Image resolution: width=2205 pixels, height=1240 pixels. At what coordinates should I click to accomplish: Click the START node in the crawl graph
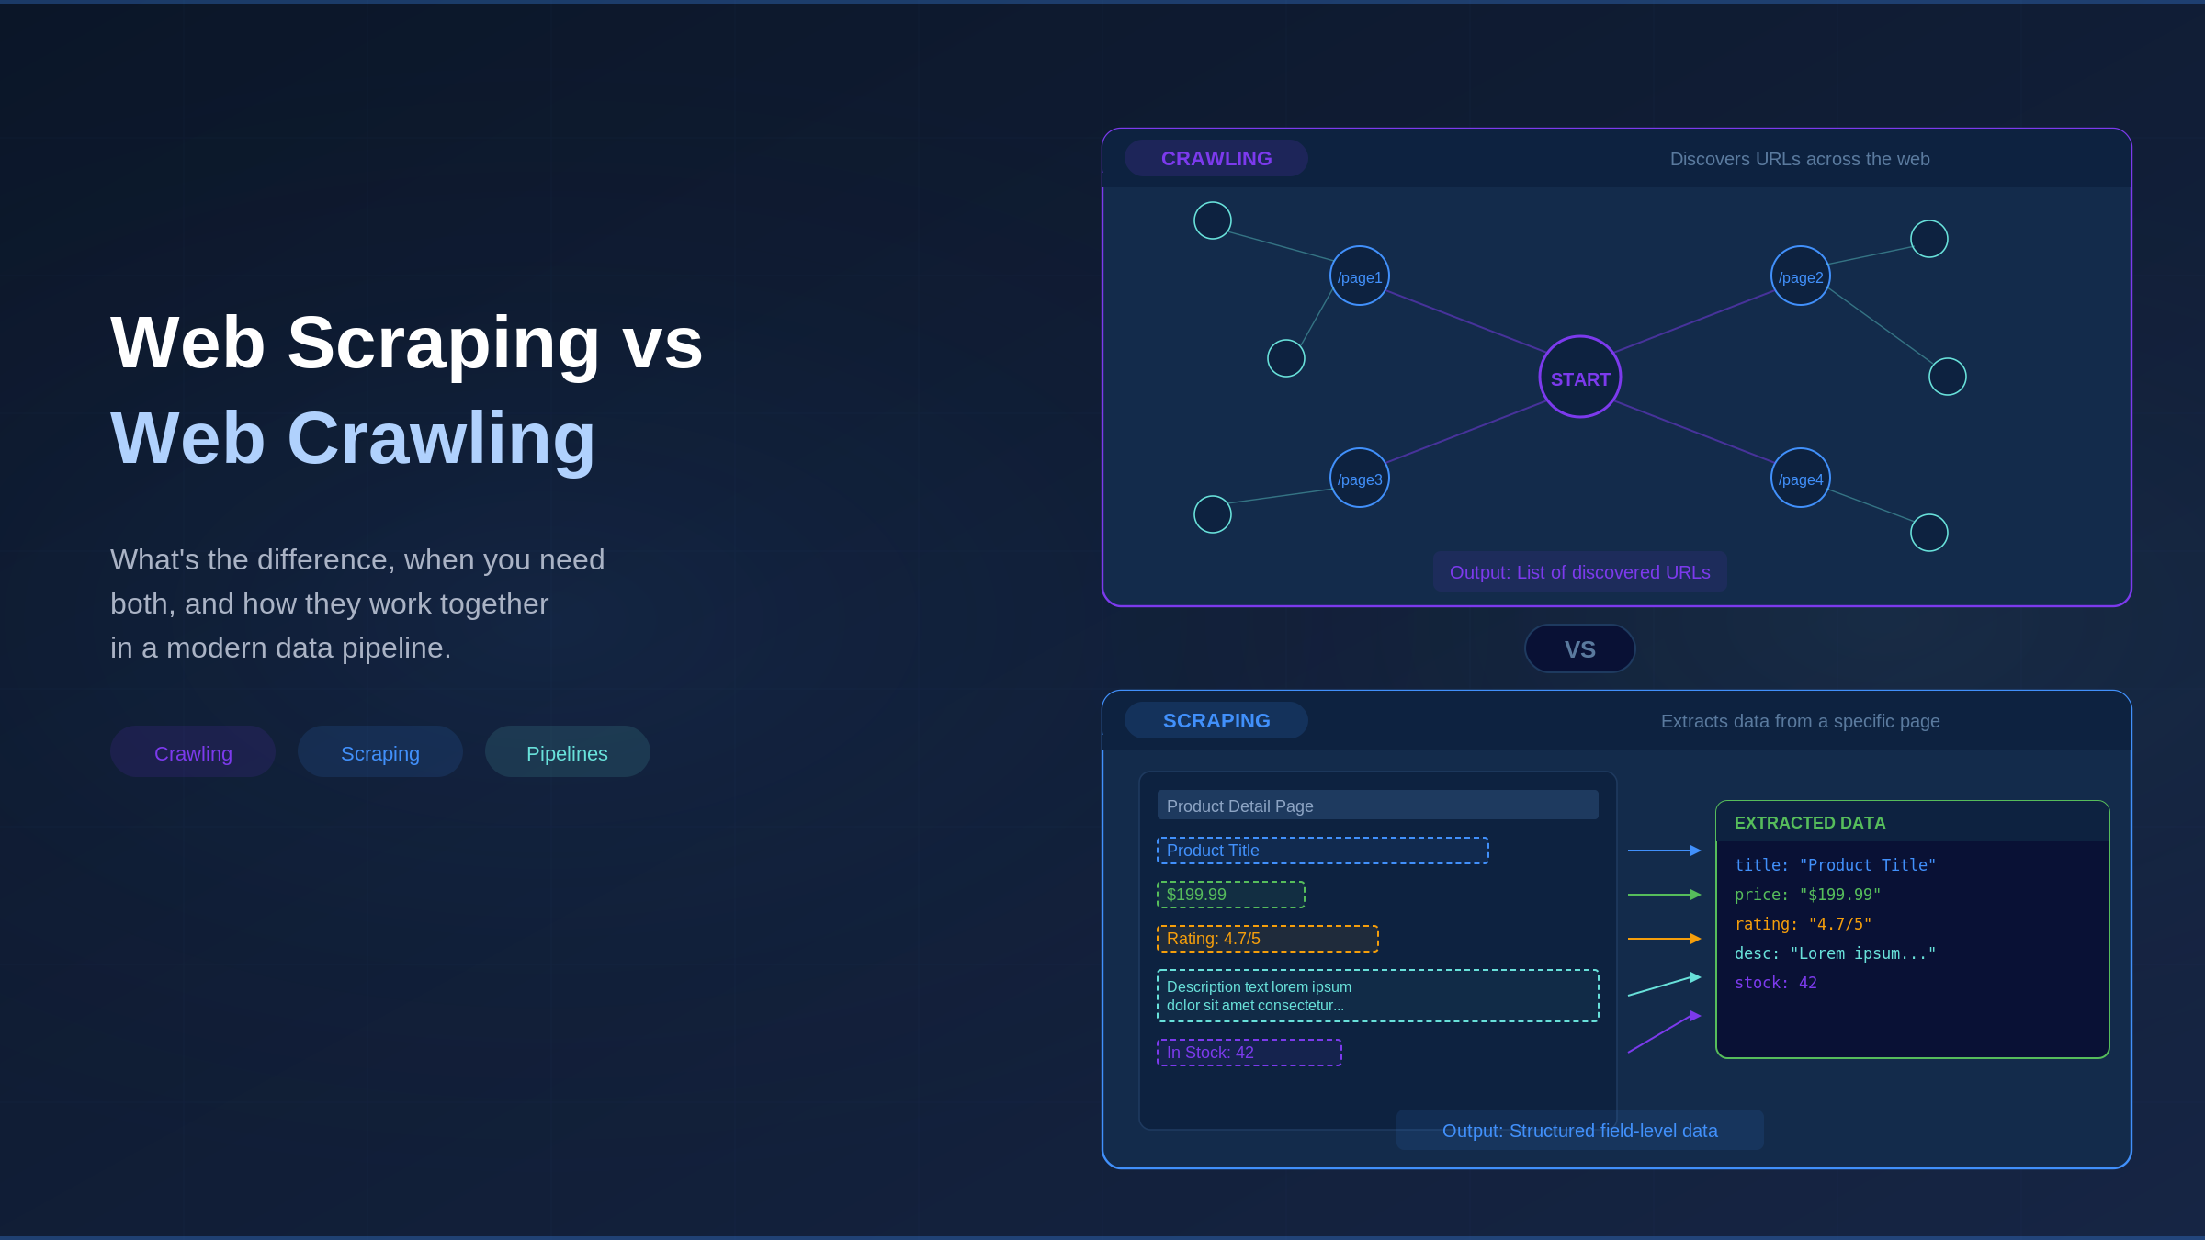click(x=1580, y=377)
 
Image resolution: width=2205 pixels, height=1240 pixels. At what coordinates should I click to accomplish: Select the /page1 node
click(x=1360, y=276)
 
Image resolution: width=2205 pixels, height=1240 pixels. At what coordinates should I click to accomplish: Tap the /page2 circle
click(x=1801, y=276)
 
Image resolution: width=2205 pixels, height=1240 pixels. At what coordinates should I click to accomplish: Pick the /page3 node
click(x=1360, y=478)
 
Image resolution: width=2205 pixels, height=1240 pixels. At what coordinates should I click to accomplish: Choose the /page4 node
click(x=1801, y=478)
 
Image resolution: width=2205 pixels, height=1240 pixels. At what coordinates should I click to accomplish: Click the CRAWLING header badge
click(x=1216, y=158)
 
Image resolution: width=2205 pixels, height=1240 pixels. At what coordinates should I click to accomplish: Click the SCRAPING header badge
click(x=1216, y=720)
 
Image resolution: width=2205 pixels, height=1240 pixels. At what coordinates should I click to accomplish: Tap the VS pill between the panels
click(x=1580, y=648)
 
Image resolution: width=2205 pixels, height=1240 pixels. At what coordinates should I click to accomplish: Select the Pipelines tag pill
click(x=568, y=751)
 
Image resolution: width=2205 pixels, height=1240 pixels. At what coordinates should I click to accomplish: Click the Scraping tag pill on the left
click(x=380, y=751)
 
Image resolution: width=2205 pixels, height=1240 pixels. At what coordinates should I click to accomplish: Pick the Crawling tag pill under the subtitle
click(x=193, y=751)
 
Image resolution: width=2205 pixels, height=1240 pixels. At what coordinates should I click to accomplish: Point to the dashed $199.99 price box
click(x=1231, y=895)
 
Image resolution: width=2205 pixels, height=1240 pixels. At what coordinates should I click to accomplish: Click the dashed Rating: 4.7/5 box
click(x=1268, y=939)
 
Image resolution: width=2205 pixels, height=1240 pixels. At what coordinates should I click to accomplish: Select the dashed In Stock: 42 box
click(x=1249, y=1053)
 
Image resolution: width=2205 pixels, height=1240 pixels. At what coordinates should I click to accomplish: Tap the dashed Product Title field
click(x=1323, y=851)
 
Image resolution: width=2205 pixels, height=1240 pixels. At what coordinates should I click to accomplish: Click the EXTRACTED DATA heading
click(x=1810, y=823)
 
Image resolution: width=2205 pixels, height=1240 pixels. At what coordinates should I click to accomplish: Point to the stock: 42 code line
click(x=1776, y=983)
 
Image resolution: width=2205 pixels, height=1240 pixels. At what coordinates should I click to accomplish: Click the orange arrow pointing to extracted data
click(x=1665, y=939)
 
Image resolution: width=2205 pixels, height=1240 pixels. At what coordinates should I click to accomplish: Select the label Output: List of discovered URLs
click(x=1580, y=572)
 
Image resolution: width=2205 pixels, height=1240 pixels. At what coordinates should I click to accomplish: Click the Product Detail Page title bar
click(x=1378, y=805)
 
